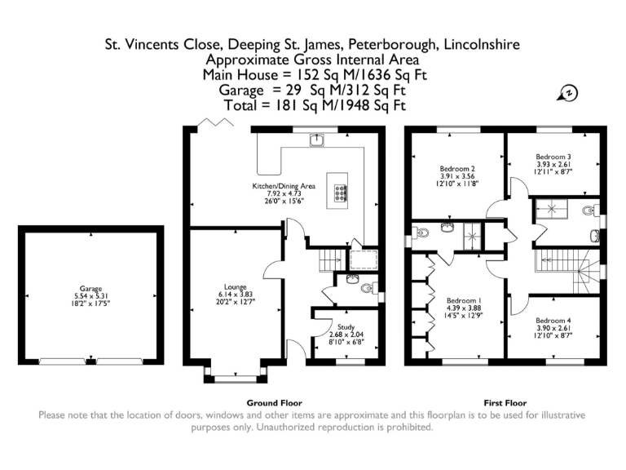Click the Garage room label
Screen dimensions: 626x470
pos(91,289)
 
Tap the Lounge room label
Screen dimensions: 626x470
pos(235,287)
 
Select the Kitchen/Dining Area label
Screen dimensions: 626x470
pos(284,186)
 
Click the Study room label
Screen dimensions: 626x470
pos(346,327)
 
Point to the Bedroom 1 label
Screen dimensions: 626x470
pos(464,300)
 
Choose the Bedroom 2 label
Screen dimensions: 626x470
pos(457,169)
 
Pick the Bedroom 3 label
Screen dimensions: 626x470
pos(553,157)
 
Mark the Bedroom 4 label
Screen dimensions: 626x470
pos(553,321)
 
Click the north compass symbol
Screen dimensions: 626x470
pos(568,93)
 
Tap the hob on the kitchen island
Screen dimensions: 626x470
pos(341,193)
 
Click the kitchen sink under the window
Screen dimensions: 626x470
pos(316,140)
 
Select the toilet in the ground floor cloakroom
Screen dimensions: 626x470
pos(369,288)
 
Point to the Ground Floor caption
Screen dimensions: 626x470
pos(274,403)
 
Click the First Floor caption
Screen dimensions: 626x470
pos(505,403)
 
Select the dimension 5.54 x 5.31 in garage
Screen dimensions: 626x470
pos(91,296)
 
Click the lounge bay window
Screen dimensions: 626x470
pos(236,375)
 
